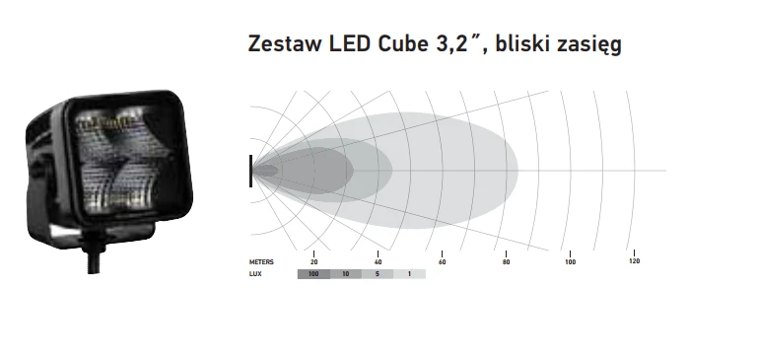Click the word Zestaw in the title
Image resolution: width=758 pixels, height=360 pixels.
tap(285, 43)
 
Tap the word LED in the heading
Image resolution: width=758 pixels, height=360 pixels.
tap(351, 43)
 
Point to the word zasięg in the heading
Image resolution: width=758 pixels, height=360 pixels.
tap(588, 45)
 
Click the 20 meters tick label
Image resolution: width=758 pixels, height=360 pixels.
tap(313, 262)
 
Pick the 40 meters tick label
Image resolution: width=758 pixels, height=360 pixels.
tap(378, 262)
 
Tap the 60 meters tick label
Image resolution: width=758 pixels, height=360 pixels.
tap(442, 262)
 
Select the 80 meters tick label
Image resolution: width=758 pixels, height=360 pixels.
tap(506, 262)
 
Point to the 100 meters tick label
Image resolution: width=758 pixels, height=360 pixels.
tap(570, 262)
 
